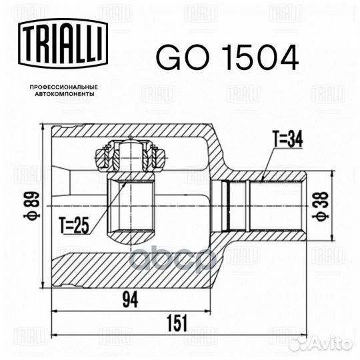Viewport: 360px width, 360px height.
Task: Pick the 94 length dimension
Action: tap(129, 301)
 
